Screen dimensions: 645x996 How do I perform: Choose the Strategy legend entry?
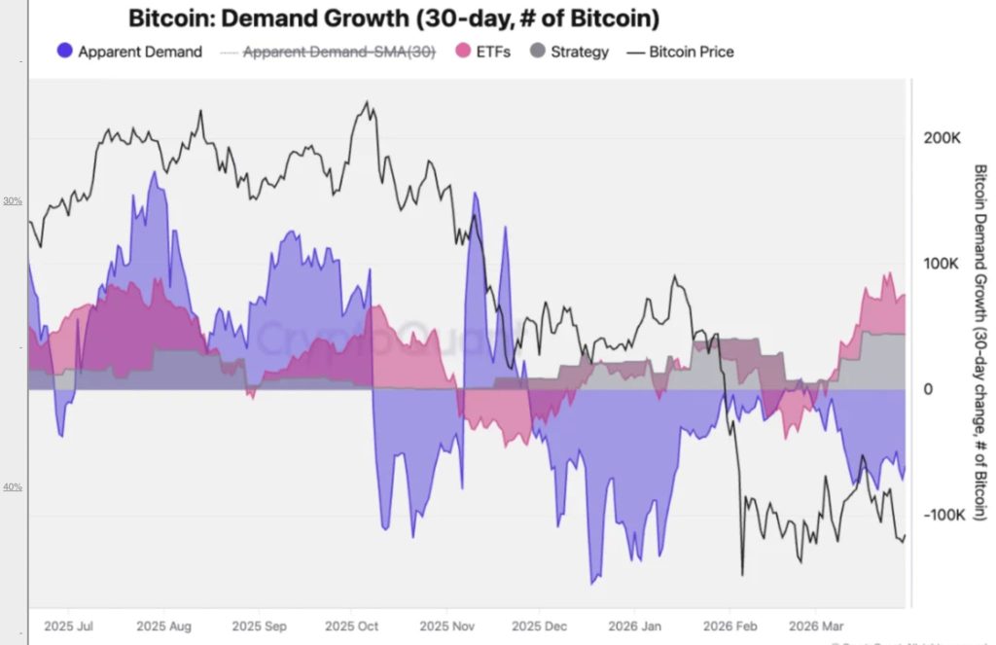pos(580,52)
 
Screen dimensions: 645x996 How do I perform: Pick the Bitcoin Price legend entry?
pos(691,52)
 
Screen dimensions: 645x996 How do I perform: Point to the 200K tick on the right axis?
pos(941,139)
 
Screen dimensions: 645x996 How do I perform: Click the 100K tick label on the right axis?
pos(941,265)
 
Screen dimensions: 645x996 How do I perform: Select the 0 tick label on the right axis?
pos(928,389)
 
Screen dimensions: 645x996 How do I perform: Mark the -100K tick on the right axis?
pos(943,515)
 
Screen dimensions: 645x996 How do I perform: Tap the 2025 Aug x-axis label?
pos(165,627)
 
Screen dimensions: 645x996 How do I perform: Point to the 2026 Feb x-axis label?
pos(730,627)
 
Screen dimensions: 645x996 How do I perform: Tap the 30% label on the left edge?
pos(13,201)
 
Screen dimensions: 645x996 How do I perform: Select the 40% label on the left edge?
pos(13,486)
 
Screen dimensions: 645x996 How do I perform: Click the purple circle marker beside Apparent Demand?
pos(65,52)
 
